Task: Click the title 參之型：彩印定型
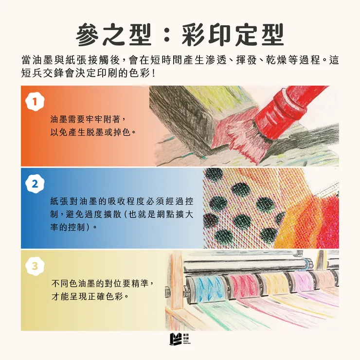click(180, 35)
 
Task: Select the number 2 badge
click(35, 184)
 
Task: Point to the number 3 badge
click(35, 266)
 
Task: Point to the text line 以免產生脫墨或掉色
click(92, 132)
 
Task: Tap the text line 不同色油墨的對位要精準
click(103, 283)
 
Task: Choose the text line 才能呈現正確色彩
click(90, 295)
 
